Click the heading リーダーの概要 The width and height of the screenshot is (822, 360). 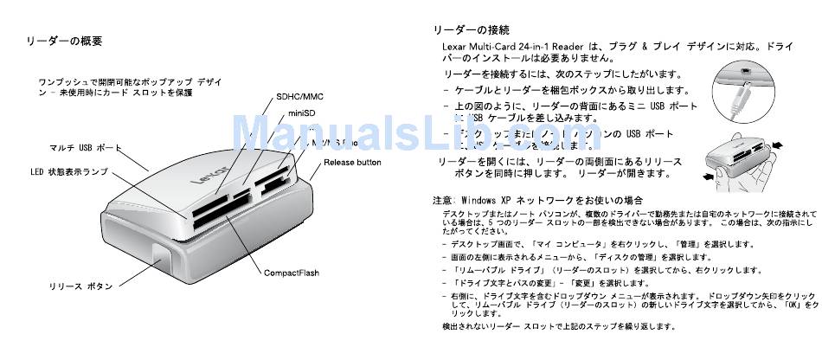click(x=65, y=41)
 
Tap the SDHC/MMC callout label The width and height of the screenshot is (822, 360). click(x=299, y=96)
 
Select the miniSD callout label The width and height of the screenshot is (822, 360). click(x=301, y=113)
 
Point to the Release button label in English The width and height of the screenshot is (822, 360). click(x=352, y=162)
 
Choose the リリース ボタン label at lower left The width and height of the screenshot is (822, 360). click(x=80, y=286)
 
